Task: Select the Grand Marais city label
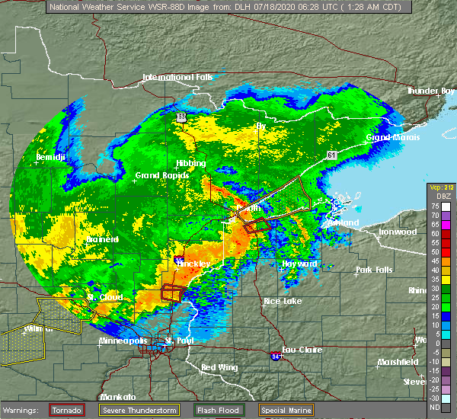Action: click(391, 138)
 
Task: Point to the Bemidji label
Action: click(50, 157)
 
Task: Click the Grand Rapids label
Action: click(156, 175)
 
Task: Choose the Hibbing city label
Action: click(190, 163)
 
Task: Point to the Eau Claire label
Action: click(302, 350)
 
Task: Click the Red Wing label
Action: click(219, 368)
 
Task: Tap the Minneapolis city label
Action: click(123, 341)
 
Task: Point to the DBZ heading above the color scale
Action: click(436, 196)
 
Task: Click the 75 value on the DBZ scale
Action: click(435, 206)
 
